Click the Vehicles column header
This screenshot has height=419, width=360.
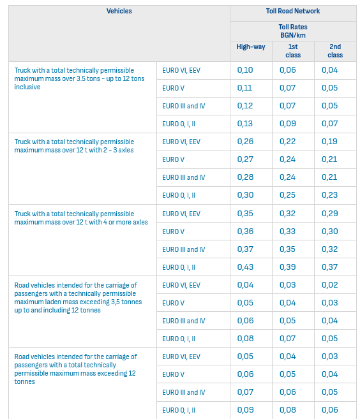click(x=119, y=11)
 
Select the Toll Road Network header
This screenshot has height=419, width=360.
click(x=293, y=11)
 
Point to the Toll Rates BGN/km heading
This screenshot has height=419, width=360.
click(x=293, y=31)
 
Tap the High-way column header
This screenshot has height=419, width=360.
click(x=251, y=47)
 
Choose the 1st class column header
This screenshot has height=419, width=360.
click(x=293, y=51)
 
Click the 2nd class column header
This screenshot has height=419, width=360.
click(x=335, y=51)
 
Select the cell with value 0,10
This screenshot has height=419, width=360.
click(x=245, y=70)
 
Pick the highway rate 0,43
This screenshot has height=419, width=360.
click(x=245, y=267)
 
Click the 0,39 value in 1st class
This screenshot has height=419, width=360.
click(x=287, y=267)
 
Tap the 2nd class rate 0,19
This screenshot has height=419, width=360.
click(x=329, y=142)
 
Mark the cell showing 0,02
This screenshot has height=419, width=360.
click(x=330, y=285)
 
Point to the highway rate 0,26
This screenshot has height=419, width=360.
click(x=245, y=142)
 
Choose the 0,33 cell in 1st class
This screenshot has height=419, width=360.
click(x=287, y=231)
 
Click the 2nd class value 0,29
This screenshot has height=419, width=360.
click(x=330, y=214)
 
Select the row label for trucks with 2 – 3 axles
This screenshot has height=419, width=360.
click(x=74, y=146)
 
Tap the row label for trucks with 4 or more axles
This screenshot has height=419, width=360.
click(x=81, y=217)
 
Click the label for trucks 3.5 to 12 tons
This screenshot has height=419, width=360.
click(x=79, y=78)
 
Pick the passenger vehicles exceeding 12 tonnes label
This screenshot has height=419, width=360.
click(x=76, y=369)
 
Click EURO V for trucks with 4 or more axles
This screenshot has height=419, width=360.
click(x=174, y=232)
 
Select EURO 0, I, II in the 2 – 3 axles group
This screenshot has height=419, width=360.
click(x=179, y=195)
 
